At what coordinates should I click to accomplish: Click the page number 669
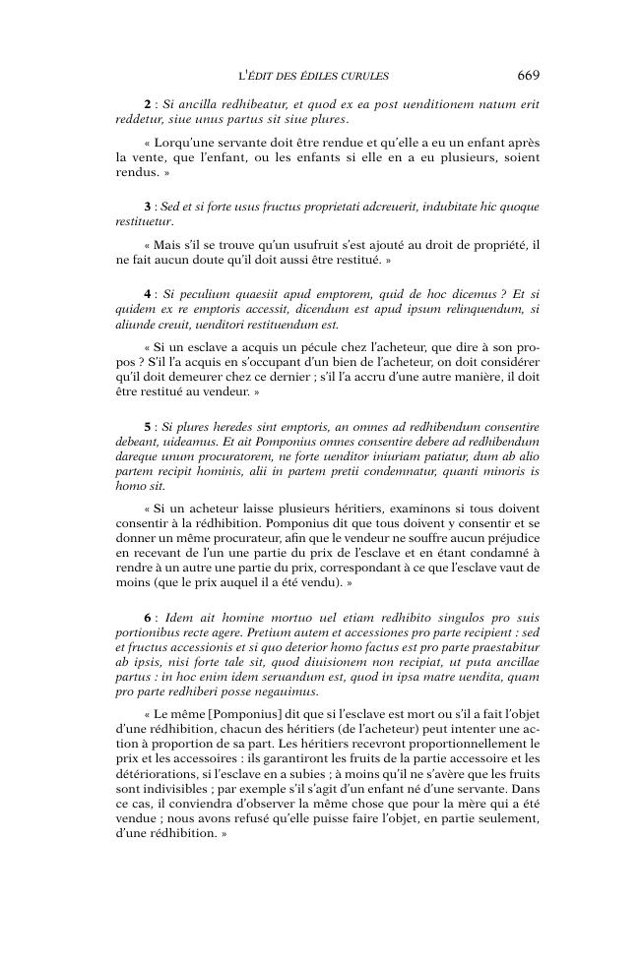(x=527, y=75)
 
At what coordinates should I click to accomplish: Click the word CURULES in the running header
(x=365, y=76)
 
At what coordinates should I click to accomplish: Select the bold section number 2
(x=147, y=104)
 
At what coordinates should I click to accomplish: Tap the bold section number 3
(x=147, y=207)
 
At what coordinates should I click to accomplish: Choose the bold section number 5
(x=147, y=427)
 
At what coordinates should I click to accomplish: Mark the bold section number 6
(x=147, y=615)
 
